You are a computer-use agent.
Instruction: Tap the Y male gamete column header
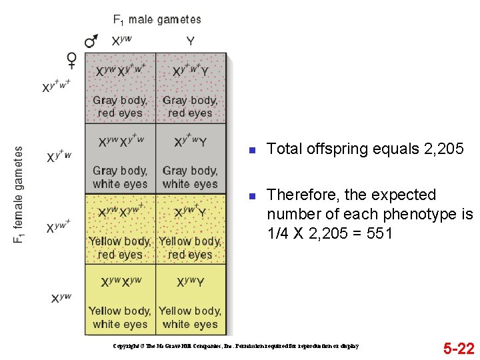(x=191, y=41)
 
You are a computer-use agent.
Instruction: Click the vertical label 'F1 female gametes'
(x=19, y=195)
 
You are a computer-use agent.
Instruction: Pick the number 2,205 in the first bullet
(x=443, y=149)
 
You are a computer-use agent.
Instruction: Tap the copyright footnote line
(x=237, y=346)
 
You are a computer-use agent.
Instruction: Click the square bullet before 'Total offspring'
(x=252, y=150)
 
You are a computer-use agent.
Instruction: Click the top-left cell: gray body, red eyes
(x=121, y=89)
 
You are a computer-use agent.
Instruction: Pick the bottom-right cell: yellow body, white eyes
(x=191, y=299)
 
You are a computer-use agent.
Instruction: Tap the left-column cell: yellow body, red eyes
(x=121, y=229)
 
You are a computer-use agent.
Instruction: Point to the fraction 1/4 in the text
(x=279, y=233)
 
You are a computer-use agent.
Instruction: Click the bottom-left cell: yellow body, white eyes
(x=121, y=299)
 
